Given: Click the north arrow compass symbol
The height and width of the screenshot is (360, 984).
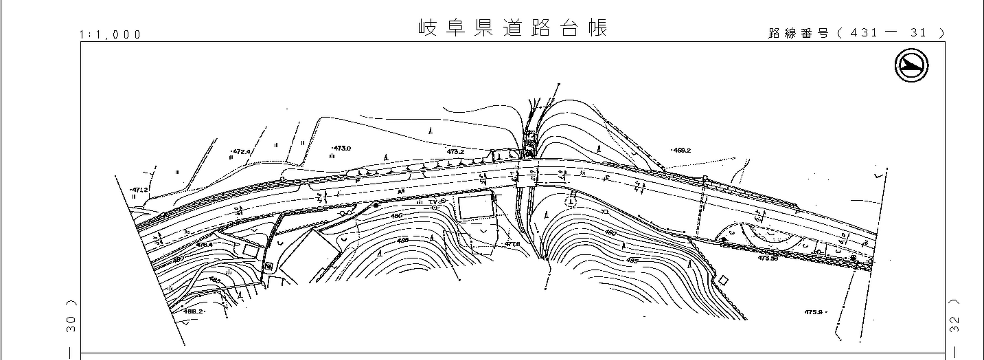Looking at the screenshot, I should click(911, 65).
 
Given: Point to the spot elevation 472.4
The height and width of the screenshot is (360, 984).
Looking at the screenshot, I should click(241, 152).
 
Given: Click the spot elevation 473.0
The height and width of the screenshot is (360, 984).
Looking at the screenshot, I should click(342, 148).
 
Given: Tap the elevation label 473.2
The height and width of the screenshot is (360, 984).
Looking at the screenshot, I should click(455, 152).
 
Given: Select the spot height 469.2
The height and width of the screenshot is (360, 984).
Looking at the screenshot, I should click(682, 151).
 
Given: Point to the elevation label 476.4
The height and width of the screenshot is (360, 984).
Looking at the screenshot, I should click(204, 245).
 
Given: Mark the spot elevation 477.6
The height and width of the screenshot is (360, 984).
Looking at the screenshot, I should click(512, 244).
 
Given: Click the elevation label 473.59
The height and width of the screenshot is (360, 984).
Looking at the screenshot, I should click(768, 258).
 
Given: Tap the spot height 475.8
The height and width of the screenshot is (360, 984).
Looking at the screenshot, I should click(814, 312).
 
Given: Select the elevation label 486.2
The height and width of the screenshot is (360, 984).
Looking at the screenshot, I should click(193, 311).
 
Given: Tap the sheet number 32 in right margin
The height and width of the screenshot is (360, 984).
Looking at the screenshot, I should click(954, 324).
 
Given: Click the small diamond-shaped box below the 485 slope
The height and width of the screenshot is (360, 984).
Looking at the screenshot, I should click(723, 281).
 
